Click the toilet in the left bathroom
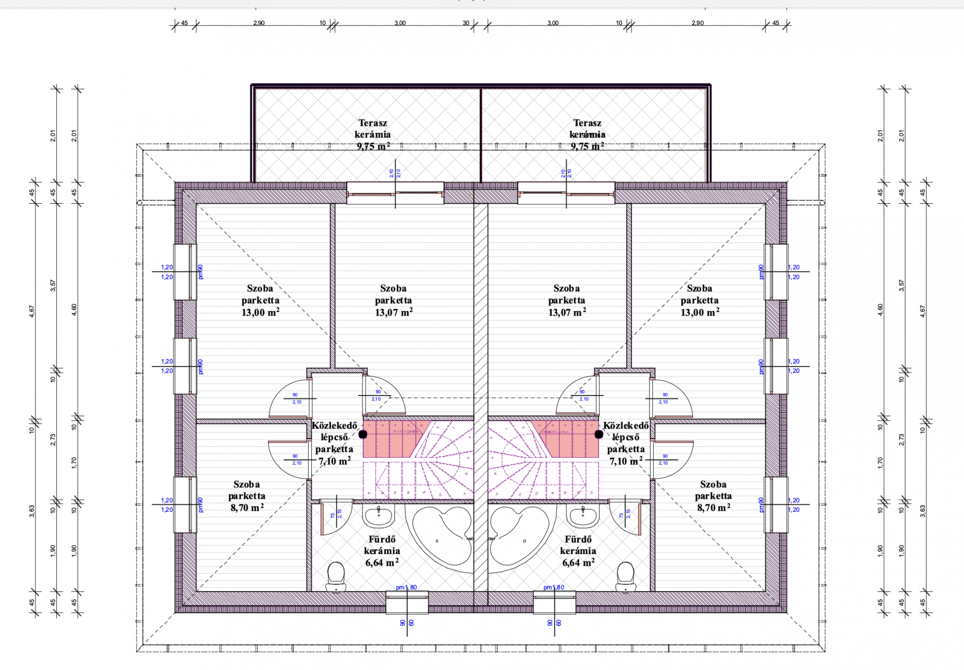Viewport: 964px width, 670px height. tap(336, 576)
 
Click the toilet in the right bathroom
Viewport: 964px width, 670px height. tap(626, 576)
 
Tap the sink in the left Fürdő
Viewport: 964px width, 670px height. tap(379, 516)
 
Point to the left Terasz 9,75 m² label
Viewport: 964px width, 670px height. tap(373, 146)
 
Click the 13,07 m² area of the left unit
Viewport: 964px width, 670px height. tap(394, 312)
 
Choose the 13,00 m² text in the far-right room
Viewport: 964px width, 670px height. tap(700, 312)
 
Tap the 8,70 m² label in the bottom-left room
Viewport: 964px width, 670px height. tap(247, 508)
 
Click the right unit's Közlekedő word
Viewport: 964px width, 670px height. tap(626, 426)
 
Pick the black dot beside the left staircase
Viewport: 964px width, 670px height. tap(363, 434)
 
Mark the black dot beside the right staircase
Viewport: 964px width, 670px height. tap(598, 434)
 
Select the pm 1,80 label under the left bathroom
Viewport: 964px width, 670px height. tap(406, 587)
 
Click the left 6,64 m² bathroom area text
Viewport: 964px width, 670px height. tap(382, 563)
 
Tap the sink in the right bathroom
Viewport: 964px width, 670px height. tap(583, 516)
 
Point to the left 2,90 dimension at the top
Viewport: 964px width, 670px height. tap(259, 23)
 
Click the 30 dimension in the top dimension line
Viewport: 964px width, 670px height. tap(466, 23)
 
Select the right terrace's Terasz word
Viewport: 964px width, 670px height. tap(587, 123)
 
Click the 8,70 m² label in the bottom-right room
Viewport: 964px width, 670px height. tap(713, 508)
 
